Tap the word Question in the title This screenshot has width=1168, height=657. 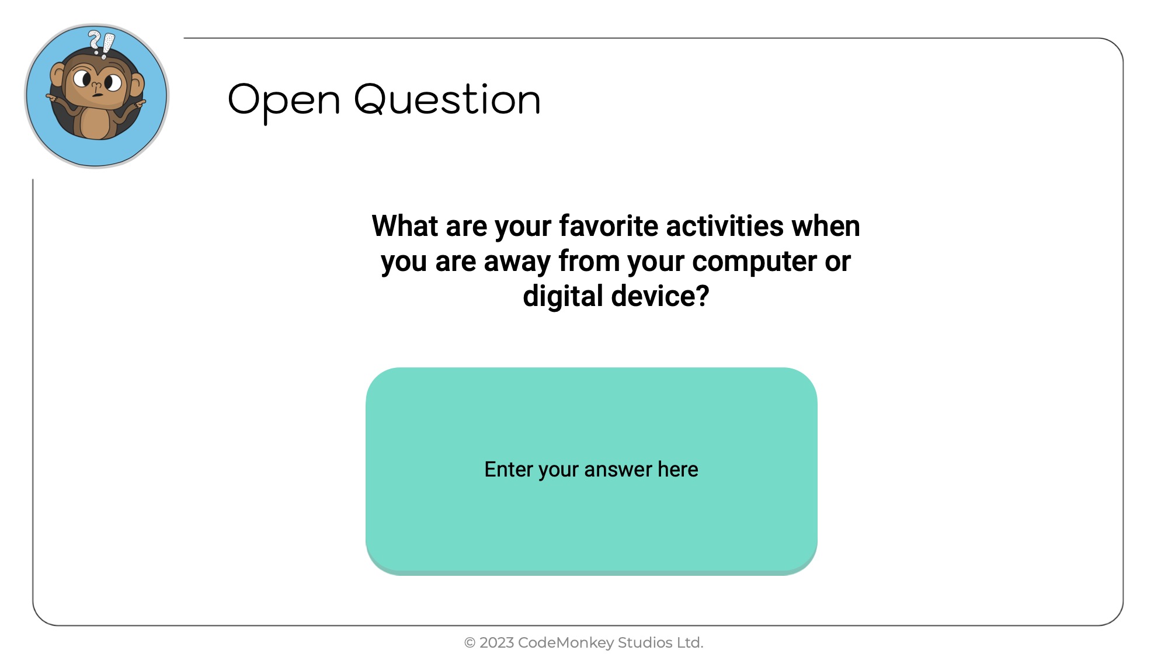[447, 99]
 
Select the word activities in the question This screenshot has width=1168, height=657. [725, 226]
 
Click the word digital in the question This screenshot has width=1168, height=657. [563, 297]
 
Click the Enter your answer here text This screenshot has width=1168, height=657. [591, 470]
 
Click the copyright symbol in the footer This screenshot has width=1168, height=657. [470, 643]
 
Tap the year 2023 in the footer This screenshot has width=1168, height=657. [496, 642]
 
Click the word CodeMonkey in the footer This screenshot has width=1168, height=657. [565, 643]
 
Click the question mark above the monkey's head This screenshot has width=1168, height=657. [95, 41]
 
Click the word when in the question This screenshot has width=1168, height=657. [826, 226]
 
